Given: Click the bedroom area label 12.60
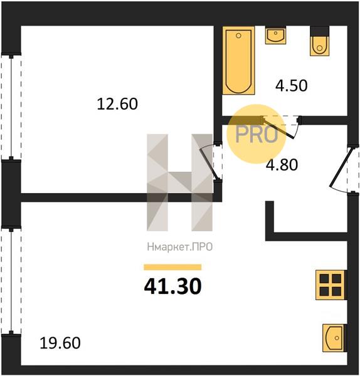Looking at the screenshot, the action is (x=117, y=104).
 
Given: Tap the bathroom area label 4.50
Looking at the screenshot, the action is (x=291, y=86).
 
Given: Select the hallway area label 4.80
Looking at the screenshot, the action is (x=282, y=165).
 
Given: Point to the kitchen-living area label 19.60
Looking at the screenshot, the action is (x=60, y=343).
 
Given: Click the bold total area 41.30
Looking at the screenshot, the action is (x=173, y=286).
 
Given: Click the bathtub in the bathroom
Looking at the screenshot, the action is (x=238, y=60).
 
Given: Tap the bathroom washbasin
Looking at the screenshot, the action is (x=275, y=36).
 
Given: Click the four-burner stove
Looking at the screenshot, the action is (x=331, y=285).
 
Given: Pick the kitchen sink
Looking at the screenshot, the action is (x=334, y=338).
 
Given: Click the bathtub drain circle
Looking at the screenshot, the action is (x=238, y=36).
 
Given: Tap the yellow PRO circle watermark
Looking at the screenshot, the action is (x=257, y=134).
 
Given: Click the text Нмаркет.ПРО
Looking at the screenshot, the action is (x=180, y=247).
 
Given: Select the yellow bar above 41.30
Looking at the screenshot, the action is (x=172, y=267).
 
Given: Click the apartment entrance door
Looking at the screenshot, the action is (x=339, y=169).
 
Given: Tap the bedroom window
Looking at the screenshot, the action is (x=11, y=107).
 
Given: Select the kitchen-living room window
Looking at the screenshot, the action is (x=11, y=280).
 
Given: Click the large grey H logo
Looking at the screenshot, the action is (x=180, y=182).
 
